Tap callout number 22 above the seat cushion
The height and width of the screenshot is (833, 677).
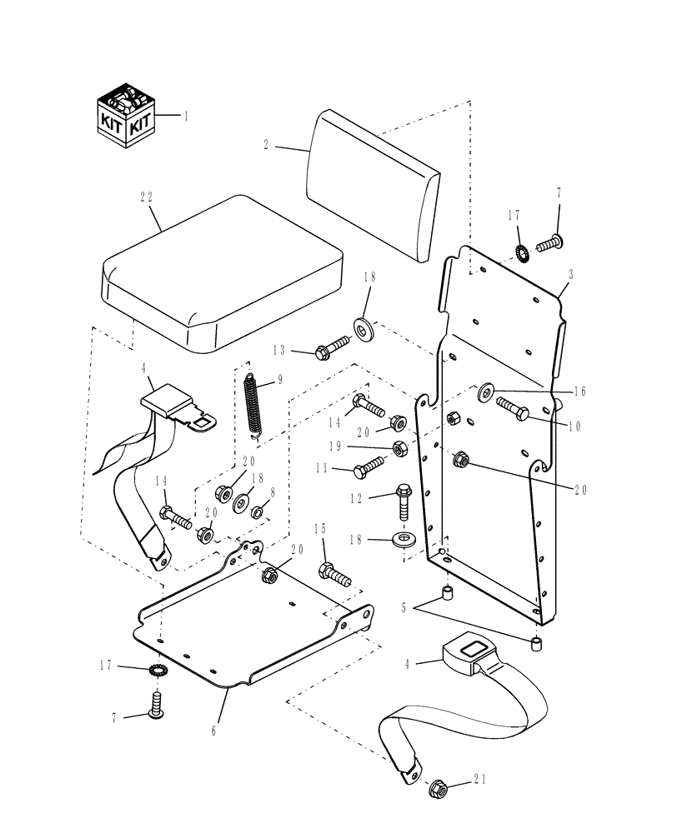coord(147,197)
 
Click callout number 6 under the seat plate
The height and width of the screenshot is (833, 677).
coord(214,731)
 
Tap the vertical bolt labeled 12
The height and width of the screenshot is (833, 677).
coord(404,499)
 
